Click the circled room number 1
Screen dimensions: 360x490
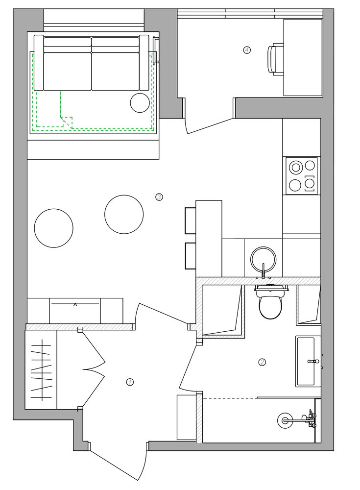click(129, 382)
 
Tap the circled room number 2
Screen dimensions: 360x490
click(262, 362)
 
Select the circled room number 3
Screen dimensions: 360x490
click(159, 197)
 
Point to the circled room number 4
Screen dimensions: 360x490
click(247, 49)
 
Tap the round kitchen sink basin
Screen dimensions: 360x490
click(264, 260)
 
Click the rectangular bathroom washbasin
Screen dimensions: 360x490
click(305, 361)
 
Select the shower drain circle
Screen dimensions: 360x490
click(284, 420)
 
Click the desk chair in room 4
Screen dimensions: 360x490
click(275, 59)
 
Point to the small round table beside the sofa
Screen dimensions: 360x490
click(140, 102)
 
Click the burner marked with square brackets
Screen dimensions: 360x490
click(310, 184)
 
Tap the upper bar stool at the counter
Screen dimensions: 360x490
click(191, 220)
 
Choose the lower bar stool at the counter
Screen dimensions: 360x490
click(191, 256)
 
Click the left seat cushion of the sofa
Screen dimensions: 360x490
click(67, 71)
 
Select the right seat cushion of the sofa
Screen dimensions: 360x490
click(115, 71)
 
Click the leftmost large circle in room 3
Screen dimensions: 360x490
click(54, 228)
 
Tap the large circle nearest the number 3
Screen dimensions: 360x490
click(124, 215)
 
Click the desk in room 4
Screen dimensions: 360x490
click(303, 57)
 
